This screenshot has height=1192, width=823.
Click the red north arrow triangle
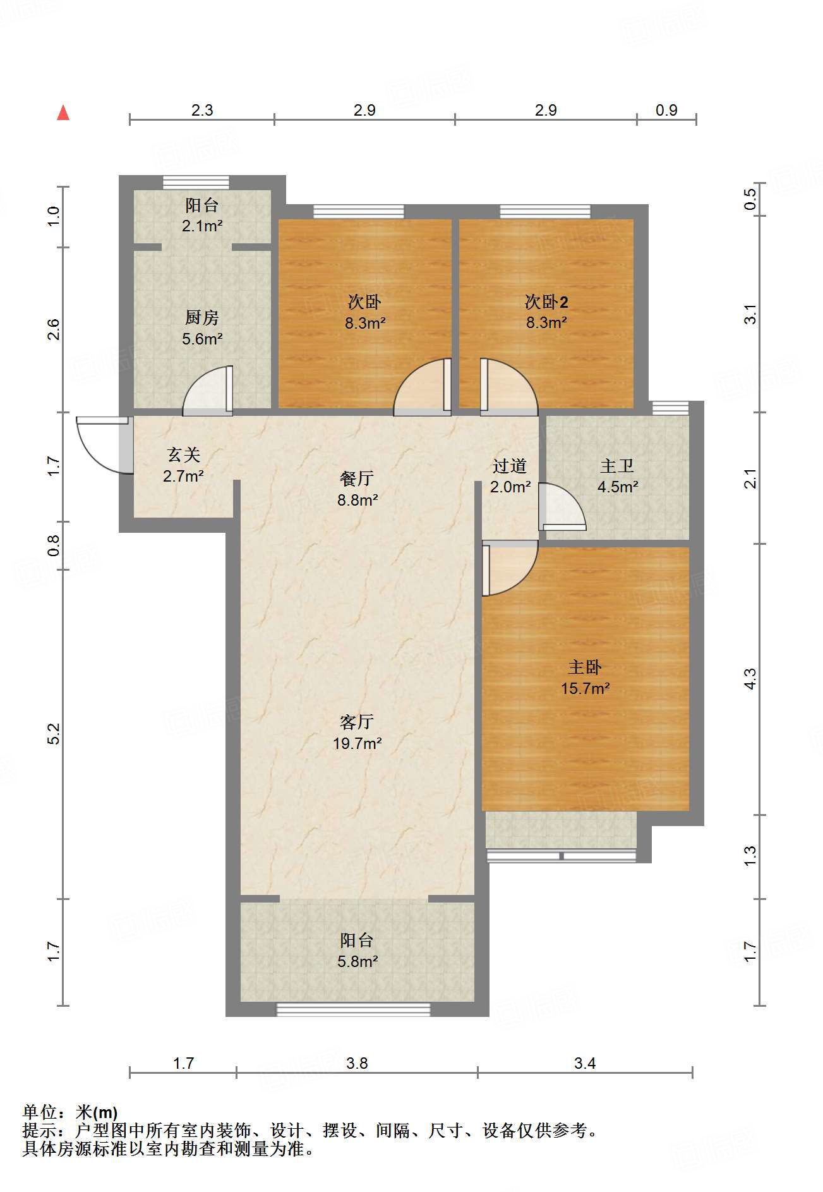(63, 113)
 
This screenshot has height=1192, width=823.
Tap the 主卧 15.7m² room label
(585, 678)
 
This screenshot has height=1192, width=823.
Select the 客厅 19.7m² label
(357, 733)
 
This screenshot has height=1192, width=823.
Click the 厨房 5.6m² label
(202, 328)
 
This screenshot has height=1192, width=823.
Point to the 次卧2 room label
(546, 312)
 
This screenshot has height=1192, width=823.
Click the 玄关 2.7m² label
(183, 465)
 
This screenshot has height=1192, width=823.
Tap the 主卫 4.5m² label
(617, 476)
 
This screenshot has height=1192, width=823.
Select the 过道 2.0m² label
(510, 476)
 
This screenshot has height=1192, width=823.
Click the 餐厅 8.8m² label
(357, 489)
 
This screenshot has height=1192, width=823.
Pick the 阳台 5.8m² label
(357, 951)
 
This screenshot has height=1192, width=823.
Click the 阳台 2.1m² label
(202, 215)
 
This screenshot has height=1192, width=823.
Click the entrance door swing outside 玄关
(101, 446)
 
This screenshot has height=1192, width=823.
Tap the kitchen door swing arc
(207, 391)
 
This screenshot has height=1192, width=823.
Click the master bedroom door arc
(510, 569)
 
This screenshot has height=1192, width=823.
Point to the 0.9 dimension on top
(666, 111)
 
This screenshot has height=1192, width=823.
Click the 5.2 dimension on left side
(54, 733)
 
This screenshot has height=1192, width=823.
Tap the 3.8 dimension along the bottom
(357, 1063)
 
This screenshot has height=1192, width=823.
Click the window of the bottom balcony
(354, 1009)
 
